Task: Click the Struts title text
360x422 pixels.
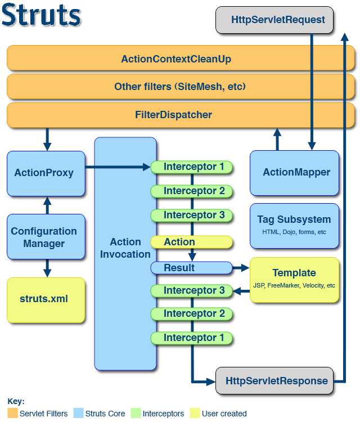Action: pyautogui.click(x=41, y=15)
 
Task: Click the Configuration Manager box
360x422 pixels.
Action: pyautogui.click(x=44, y=237)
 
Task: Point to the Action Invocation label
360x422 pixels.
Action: pyautogui.click(x=125, y=248)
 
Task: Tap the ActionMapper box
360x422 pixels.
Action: pyautogui.click(x=296, y=172)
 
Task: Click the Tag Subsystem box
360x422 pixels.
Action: pyautogui.click(x=294, y=225)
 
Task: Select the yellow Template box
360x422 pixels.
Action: pyautogui.click(x=294, y=279)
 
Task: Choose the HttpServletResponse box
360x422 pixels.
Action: pyautogui.click(x=276, y=381)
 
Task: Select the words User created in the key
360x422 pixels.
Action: pyautogui.click(x=224, y=414)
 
